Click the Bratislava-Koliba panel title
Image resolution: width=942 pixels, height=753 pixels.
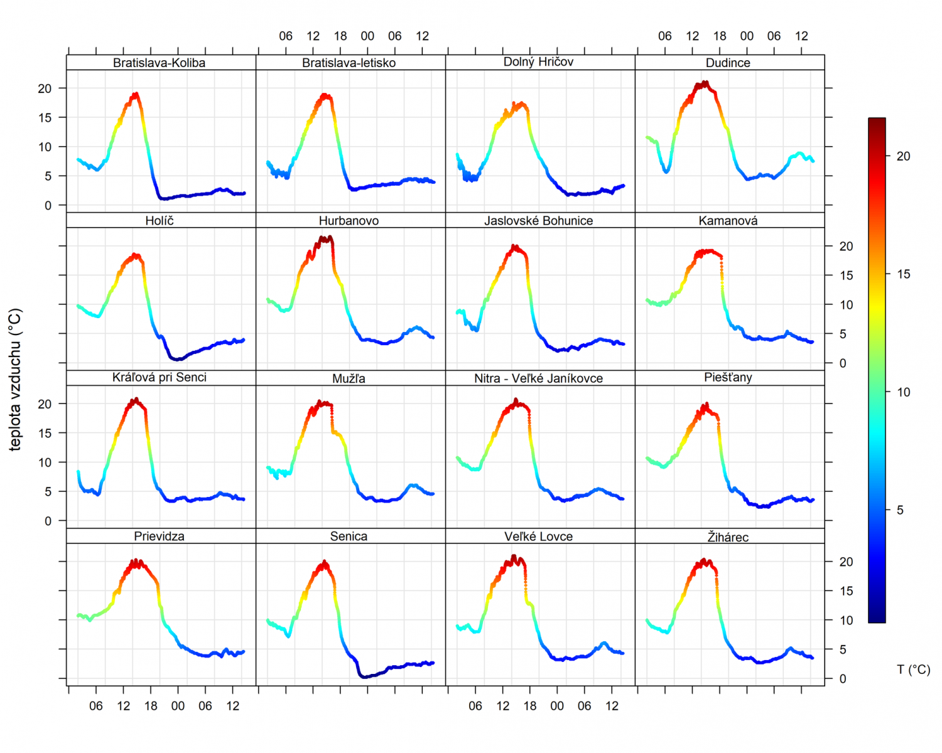click(159, 63)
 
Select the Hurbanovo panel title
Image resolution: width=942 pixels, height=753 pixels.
click(349, 221)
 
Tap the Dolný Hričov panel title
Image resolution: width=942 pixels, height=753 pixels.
click(538, 61)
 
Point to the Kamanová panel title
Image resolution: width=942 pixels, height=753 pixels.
click(728, 221)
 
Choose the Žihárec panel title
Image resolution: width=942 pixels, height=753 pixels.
click(728, 537)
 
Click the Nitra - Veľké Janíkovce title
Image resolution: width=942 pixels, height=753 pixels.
click(538, 378)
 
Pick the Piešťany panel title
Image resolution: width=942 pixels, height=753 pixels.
click(728, 377)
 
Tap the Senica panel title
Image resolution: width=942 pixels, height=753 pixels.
click(349, 537)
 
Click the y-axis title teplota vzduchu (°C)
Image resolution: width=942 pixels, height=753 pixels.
click(16, 379)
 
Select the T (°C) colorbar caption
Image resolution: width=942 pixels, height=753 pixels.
click(913, 670)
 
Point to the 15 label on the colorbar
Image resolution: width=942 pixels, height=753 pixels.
click(903, 274)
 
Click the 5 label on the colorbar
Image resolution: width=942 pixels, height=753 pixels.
click(900, 510)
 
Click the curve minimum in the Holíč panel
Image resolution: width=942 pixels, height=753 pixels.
click(178, 359)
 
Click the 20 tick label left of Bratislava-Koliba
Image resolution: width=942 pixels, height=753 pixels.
click(45, 88)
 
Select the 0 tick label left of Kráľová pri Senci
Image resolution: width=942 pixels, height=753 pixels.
click(48, 521)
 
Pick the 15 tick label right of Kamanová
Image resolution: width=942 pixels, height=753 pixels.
click(846, 275)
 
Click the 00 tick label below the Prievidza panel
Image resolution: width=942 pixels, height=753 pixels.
click(178, 706)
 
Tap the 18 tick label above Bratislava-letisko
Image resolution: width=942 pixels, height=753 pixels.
click(340, 36)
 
